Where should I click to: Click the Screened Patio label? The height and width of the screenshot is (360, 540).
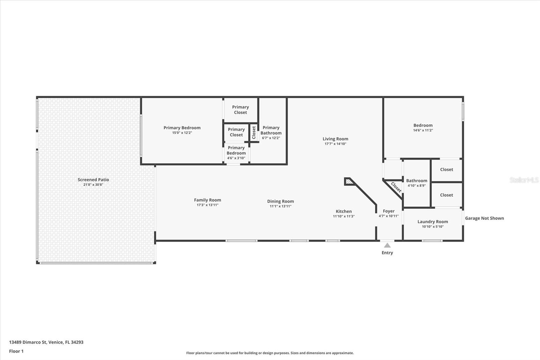[93, 180]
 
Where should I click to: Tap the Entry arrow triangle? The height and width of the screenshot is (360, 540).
[387, 246]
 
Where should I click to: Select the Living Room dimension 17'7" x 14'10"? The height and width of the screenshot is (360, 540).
[335, 144]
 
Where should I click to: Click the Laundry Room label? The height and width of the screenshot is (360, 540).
[433, 222]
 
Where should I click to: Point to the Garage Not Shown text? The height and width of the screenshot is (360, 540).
[484, 218]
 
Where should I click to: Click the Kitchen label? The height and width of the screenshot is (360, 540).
[344, 211]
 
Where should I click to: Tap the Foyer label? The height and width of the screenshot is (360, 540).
[388, 211]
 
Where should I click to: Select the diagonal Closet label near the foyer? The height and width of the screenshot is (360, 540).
[396, 187]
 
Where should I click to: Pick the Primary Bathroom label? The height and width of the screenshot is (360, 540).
[271, 130]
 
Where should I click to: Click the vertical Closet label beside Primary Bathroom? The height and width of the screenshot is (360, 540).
[254, 132]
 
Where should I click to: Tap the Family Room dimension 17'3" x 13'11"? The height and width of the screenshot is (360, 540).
[208, 205]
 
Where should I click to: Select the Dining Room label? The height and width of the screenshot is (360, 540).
[280, 201]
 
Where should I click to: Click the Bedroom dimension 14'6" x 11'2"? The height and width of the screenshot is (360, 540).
[423, 130]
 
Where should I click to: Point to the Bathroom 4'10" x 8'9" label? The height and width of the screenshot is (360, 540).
[416, 183]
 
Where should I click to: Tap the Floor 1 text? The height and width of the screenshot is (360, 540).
[16, 351]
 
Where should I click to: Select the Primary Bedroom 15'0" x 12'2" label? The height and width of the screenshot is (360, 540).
[182, 130]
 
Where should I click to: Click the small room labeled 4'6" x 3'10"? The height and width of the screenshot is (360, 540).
[236, 153]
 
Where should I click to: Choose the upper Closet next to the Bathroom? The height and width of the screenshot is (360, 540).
[447, 170]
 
